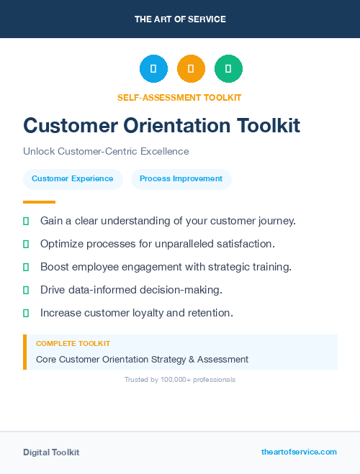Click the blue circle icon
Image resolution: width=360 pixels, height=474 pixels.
[x=153, y=69]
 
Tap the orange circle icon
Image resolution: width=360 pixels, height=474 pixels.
[x=191, y=69]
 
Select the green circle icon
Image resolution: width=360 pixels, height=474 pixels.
[x=228, y=69]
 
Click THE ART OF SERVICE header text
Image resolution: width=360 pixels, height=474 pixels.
[x=180, y=19]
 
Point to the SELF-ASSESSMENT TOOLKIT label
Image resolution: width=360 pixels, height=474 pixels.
[x=179, y=97]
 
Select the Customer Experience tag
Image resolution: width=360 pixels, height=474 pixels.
[x=72, y=179]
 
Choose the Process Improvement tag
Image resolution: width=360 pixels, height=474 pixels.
[x=181, y=179]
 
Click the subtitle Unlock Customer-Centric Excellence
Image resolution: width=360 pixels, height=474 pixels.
[x=106, y=152]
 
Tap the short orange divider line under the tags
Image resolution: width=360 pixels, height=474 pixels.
[x=39, y=202]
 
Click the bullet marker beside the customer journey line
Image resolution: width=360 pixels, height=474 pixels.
[x=26, y=221]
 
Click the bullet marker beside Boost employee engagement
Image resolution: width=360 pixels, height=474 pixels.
[x=26, y=267]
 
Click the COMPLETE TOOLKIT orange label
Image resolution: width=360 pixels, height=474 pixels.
[x=73, y=344]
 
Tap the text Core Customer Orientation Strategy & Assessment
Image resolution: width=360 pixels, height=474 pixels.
[x=142, y=359]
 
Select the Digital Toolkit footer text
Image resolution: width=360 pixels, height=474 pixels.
[x=51, y=452]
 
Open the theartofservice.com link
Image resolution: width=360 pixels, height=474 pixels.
[x=299, y=452]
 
